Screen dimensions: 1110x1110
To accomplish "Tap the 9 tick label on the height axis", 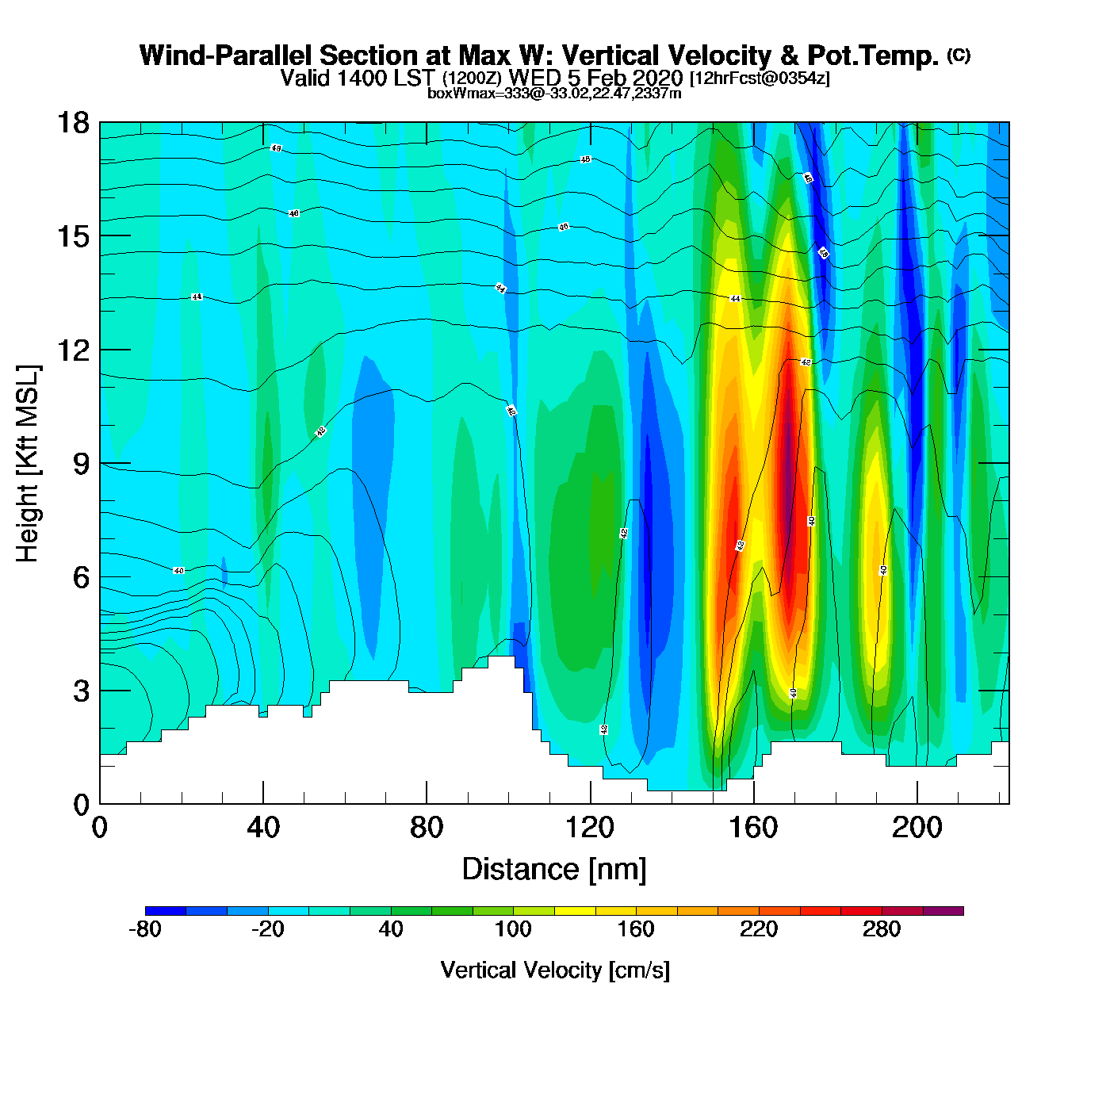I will pos(81,464).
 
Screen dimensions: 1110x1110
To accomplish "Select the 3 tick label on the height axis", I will pos(81,691).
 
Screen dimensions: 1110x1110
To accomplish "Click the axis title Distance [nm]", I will pos(554,870).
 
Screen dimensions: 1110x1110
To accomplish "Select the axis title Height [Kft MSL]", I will pos(28,464).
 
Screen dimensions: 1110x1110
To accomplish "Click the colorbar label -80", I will pos(145,929).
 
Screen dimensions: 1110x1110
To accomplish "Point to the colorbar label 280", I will pos(882,929).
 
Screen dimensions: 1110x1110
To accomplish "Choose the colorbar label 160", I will pos(636,929).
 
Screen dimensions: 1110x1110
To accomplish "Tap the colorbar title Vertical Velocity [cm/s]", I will pos(555,970).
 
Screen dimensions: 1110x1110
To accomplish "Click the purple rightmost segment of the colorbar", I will pos(943,911).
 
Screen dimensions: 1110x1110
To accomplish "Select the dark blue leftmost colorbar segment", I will pos(166,911).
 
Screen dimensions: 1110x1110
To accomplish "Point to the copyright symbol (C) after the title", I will pos(959,55).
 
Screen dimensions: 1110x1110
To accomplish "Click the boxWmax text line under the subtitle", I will pos(554,94).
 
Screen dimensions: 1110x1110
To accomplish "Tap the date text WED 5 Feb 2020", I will pos(595,78).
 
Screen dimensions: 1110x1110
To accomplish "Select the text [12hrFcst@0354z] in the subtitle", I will pos(760,78).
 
